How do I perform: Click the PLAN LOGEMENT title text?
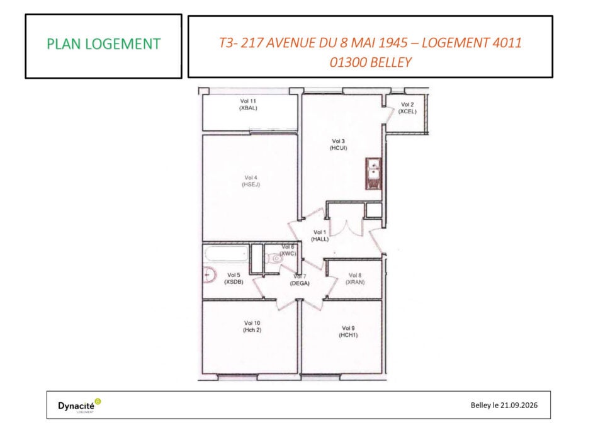pyautogui.click(x=103, y=44)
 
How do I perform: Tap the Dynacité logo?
pyautogui.click(x=79, y=405)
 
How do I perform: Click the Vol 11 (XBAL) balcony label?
pyautogui.click(x=248, y=105)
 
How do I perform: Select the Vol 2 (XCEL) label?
pyautogui.click(x=407, y=108)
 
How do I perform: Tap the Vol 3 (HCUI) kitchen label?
pyautogui.click(x=338, y=145)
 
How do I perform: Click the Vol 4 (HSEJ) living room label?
pyautogui.click(x=251, y=181)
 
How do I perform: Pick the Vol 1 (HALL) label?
pyautogui.click(x=320, y=235)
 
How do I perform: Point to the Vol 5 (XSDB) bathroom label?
pyautogui.click(x=234, y=278)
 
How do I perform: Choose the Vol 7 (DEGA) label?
pyautogui.click(x=300, y=280)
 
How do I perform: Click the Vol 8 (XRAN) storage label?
pyautogui.click(x=355, y=279)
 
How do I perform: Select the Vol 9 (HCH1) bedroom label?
pyautogui.click(x=348, y=332)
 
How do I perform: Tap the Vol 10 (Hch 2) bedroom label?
pyautogui.click(x=252, y=326)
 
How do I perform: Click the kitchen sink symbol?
pyautogui.click(x=374, y=174)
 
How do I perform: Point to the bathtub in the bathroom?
pyautogui.click(x=227, y=254)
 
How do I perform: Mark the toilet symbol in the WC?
pyautogui.click(x=273, y=259)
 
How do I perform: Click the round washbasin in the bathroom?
pyautogui.click(x=209, y=275)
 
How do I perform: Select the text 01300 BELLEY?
pyautogui.click(x=371, y=62)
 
